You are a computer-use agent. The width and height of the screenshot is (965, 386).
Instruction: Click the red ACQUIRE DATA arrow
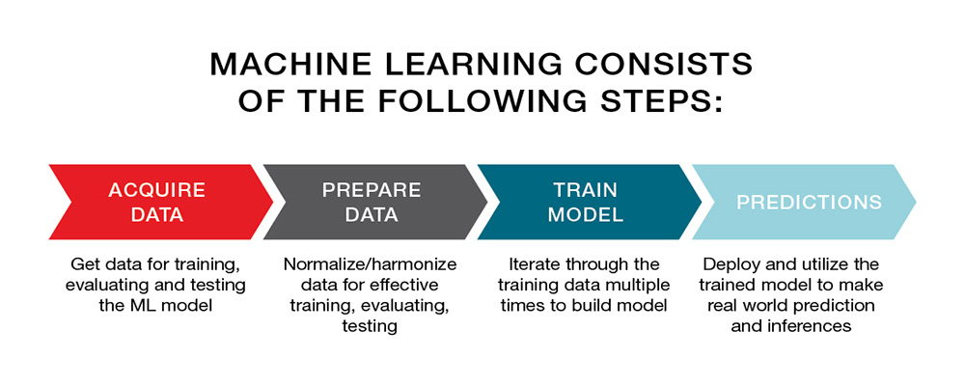[161, 202]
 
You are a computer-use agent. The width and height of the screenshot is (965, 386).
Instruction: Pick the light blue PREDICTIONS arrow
[804, 202]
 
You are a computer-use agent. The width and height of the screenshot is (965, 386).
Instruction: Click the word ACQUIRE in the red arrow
[157, 190]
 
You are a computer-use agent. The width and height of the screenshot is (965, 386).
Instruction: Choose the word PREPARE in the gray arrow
[372, 190]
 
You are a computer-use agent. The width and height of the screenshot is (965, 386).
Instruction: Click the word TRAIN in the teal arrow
[586, 190]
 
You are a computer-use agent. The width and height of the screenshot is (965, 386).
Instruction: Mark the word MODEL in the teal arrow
[586, 215]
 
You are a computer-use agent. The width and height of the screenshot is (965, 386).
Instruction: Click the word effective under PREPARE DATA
[400, 285]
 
